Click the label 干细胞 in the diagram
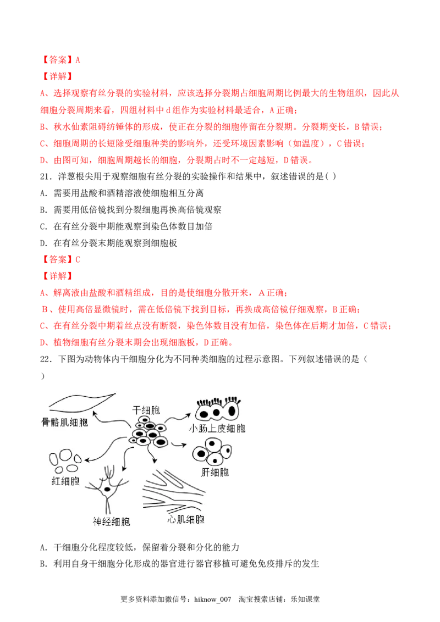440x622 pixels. click(146, 410)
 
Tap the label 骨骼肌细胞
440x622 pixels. click(69, 423)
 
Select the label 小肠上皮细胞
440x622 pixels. click(217, 429)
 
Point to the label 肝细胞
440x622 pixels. click(216, 472)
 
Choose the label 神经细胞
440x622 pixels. click(112, 521)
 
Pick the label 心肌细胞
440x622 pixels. click(185, 519)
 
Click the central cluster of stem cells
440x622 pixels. click(148, 432)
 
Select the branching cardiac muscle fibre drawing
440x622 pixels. click(176, 492)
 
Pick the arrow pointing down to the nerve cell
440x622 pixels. click(125, 459)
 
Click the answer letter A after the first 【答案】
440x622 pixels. click(79, 60)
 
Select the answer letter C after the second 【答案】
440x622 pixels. click(79, 259)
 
